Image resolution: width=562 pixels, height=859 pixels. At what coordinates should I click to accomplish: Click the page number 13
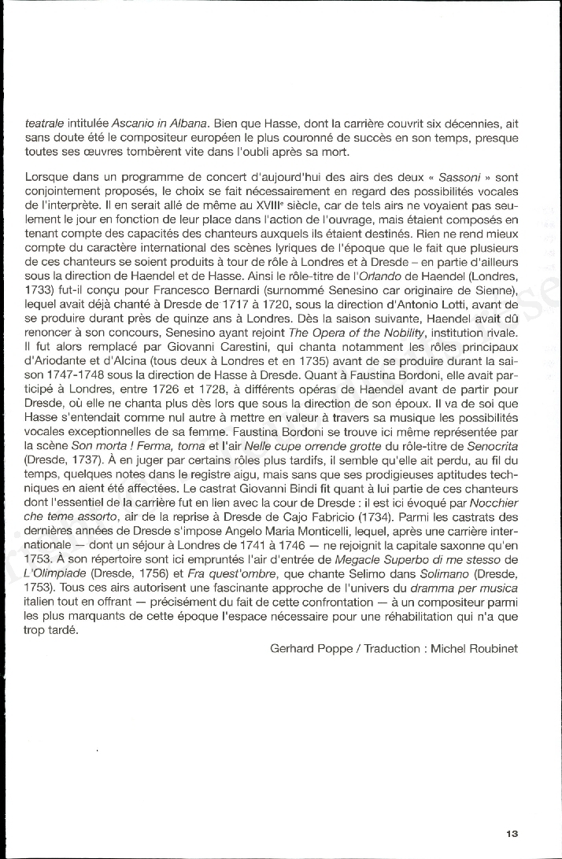pos(511,833)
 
